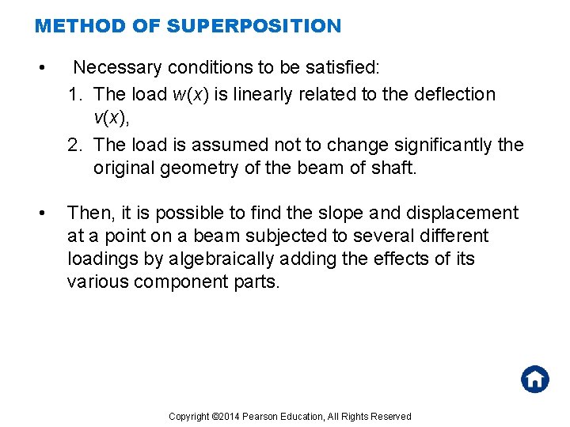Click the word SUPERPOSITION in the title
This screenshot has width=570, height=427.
point(253,26)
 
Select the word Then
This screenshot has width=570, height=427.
point(89,213)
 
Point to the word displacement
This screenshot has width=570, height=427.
point(462,213)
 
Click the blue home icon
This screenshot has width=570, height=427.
point(535,379)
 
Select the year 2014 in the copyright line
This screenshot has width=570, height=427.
point(228,417)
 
